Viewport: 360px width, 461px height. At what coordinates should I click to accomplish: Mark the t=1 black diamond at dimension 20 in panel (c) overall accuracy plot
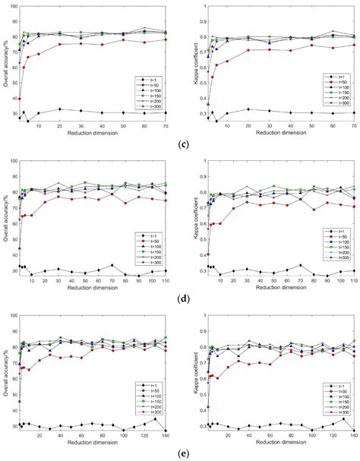pyautogui.click(x=60, y=109)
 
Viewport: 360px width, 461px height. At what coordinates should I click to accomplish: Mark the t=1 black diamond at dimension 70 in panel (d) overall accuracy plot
pyautogui.click(x=112, y=266)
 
